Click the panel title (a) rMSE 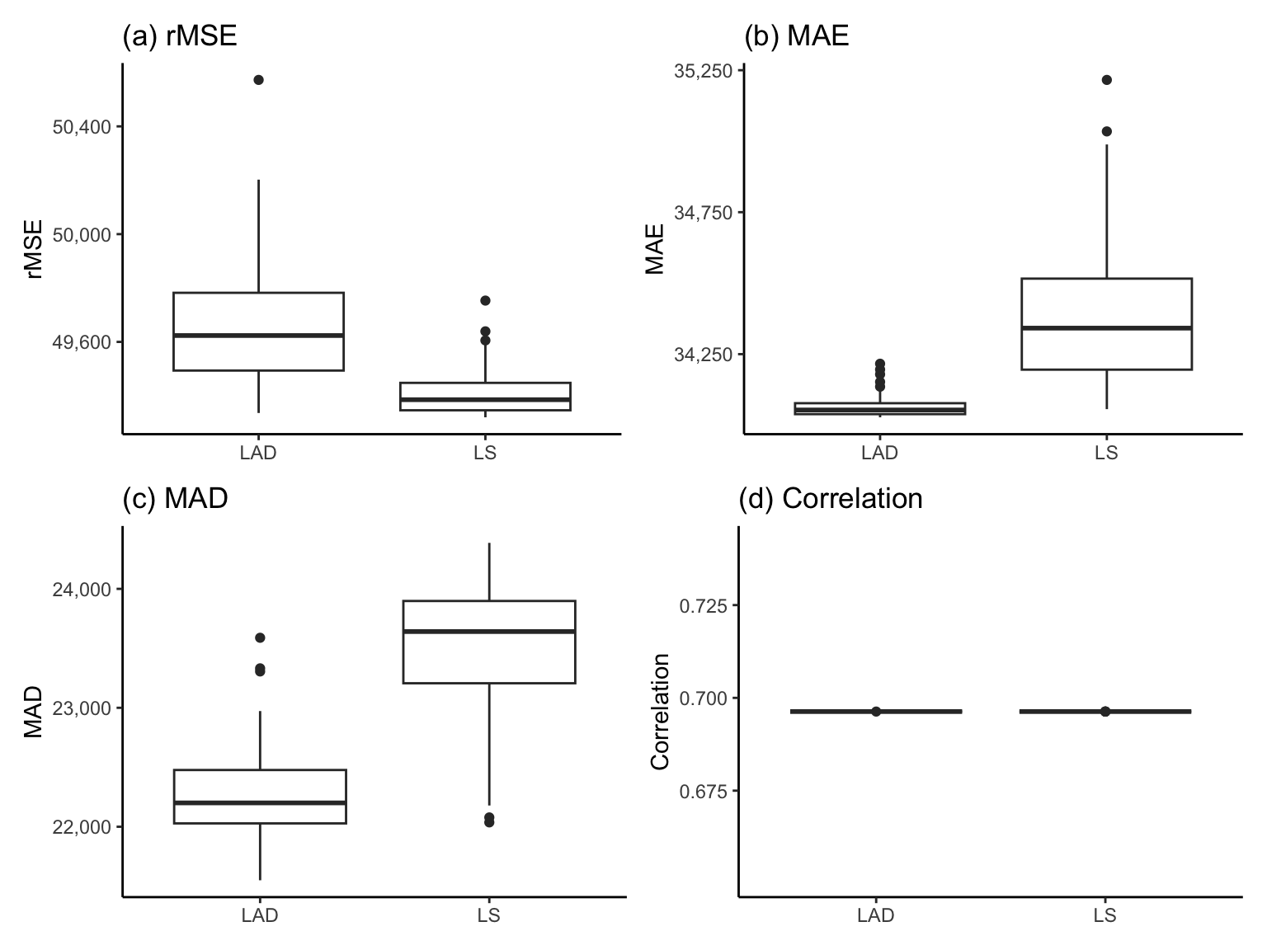pos(180,36)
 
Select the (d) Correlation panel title pos(832,498)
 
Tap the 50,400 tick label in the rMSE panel pos(81,127)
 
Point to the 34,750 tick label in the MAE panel pos(703,213)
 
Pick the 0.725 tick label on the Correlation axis pos(704,606)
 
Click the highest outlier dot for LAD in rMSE pos(258,80)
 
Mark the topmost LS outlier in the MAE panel pos(1106,80)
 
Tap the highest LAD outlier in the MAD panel pos(260,637)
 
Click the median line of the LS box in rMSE pos(485,399)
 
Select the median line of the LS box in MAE pos(1106,327)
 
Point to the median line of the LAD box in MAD pos(260,802)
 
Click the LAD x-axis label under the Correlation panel pos(876,915)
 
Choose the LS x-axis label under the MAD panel pos(489,915)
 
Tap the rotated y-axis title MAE pos(655,248)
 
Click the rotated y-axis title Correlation pos(660,711)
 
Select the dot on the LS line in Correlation pos(1105,711)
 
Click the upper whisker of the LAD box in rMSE pos(258,235)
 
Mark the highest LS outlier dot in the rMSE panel pos(485,300)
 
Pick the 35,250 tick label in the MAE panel pos(703,71)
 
